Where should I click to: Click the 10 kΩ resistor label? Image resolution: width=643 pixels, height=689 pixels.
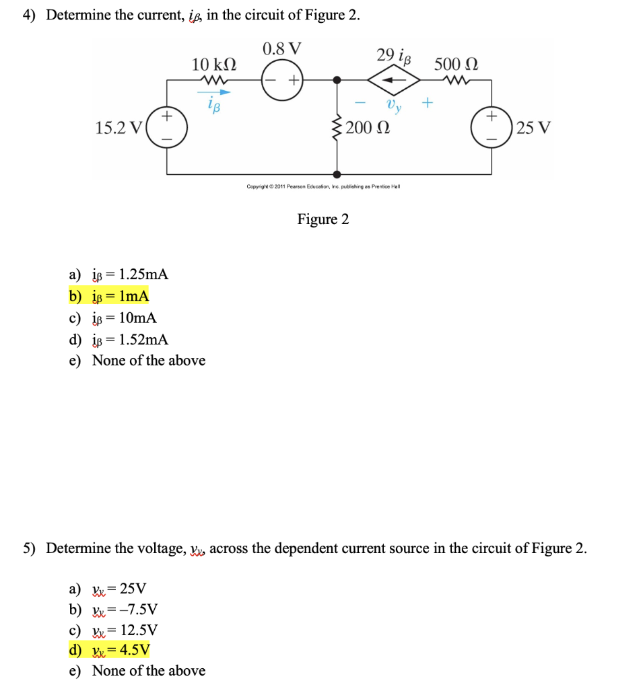(x=213, y=65)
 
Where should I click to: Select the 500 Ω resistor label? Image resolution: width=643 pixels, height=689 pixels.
(x=456, y=65)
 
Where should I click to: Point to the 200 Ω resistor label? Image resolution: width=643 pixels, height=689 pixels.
(x=367, y=127)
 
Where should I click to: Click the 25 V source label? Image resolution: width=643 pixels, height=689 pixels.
(x=534, y=127)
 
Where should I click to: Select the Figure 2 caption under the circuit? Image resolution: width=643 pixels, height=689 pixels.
(x=323, y=219)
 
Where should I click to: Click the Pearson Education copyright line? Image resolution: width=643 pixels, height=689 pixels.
(x=323, y=186)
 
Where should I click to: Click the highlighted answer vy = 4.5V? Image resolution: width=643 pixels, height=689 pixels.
(x=110, y=649)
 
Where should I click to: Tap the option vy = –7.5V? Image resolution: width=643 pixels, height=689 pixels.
(x=114, y=610)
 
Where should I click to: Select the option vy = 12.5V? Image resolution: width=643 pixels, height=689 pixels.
(x=114, y=630)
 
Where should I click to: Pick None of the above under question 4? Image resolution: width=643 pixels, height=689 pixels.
(x=137, y=361)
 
